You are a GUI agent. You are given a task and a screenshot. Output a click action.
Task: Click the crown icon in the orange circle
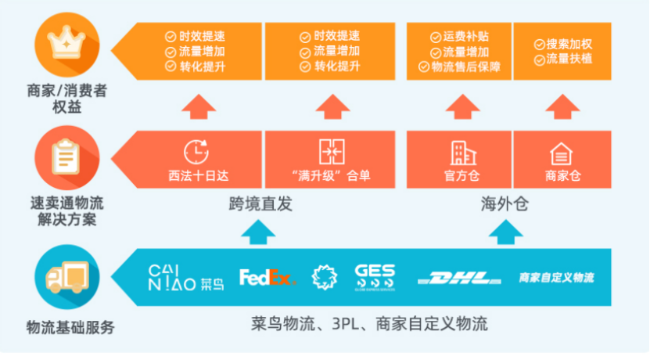click(66, 44)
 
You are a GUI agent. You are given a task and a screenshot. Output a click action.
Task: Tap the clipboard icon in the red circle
click(66, 157)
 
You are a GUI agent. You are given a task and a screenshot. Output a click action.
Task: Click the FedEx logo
click(268, 277)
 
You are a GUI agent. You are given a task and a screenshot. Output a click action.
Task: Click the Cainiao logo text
click(186, 277)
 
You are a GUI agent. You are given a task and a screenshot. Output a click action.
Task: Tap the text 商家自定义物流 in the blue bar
click(557, 277)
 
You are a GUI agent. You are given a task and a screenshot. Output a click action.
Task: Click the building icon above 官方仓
click(459, 151)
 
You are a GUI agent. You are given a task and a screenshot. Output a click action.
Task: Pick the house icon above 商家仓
click(561, 152)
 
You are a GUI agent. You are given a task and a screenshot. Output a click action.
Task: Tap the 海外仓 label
click(505, 205)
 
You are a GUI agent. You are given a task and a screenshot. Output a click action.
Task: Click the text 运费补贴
click(465, 36)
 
